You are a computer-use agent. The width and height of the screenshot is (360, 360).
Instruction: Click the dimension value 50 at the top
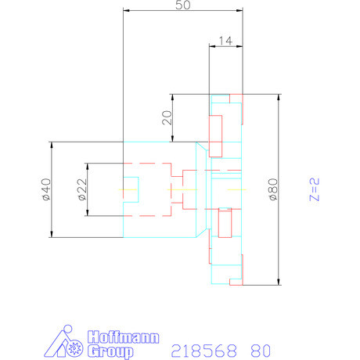coord(183,5)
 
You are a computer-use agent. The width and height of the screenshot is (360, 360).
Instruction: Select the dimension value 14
coord(225,39)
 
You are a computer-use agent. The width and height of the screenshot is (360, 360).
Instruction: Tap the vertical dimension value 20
coord(165,117)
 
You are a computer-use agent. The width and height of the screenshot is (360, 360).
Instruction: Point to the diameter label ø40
coord(45,189)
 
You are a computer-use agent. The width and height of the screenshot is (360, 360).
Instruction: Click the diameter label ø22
coord(82,190)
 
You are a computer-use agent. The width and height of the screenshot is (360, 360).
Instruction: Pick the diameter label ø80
coord(272,190)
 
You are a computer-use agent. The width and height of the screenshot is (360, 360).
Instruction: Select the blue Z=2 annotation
coord(314,190)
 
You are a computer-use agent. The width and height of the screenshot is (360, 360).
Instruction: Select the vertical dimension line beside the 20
coord(172,129)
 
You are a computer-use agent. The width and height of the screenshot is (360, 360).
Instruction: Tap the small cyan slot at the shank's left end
coord(131,189)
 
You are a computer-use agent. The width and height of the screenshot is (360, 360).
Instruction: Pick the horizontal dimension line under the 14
coord(225,46)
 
